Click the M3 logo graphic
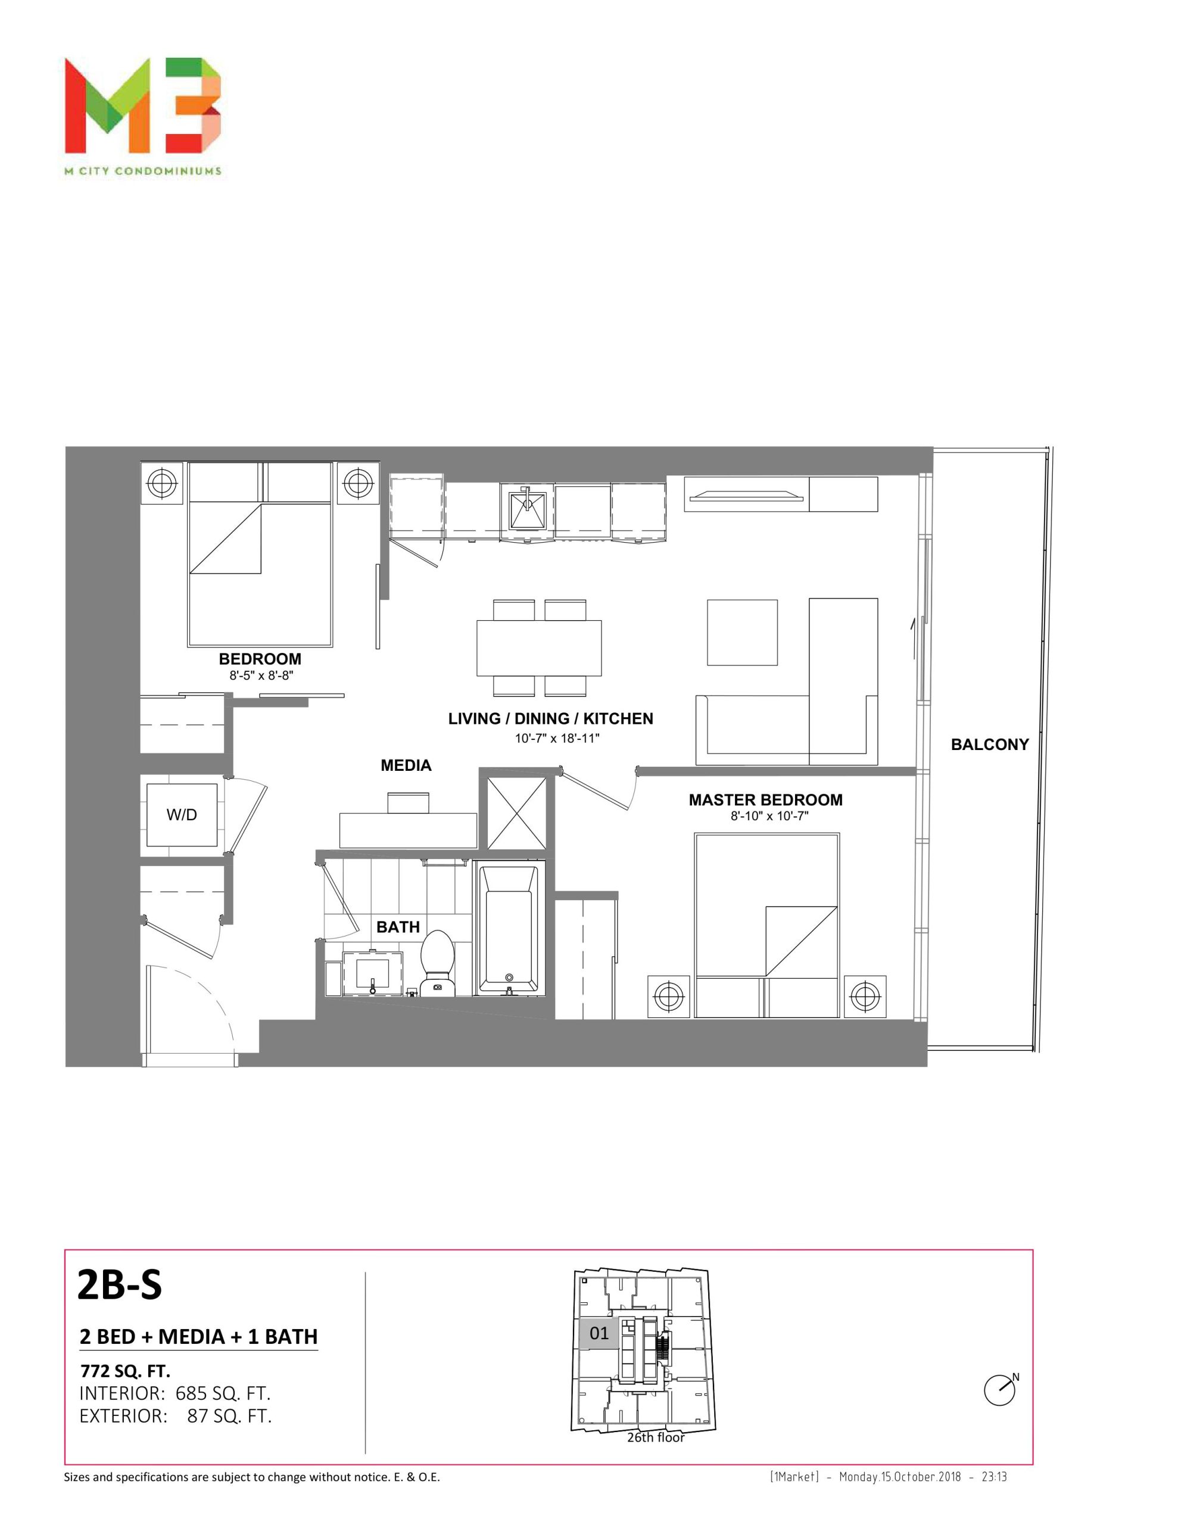click(x=143, y=105)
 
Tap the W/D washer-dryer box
click(x=182, y=814)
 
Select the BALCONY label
click(x=989, y=745)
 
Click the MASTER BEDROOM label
click(x=765, y=799)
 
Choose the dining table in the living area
click(x=539, y=648)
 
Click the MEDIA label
click(x=406, y=765)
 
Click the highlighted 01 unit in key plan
click(x=599, y=1333)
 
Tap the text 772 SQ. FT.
click(x=126, y=1371)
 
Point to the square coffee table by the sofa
click(x=742, y=633)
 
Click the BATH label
click(x=398, y=926)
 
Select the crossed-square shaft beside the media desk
click(x=516, y=812)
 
